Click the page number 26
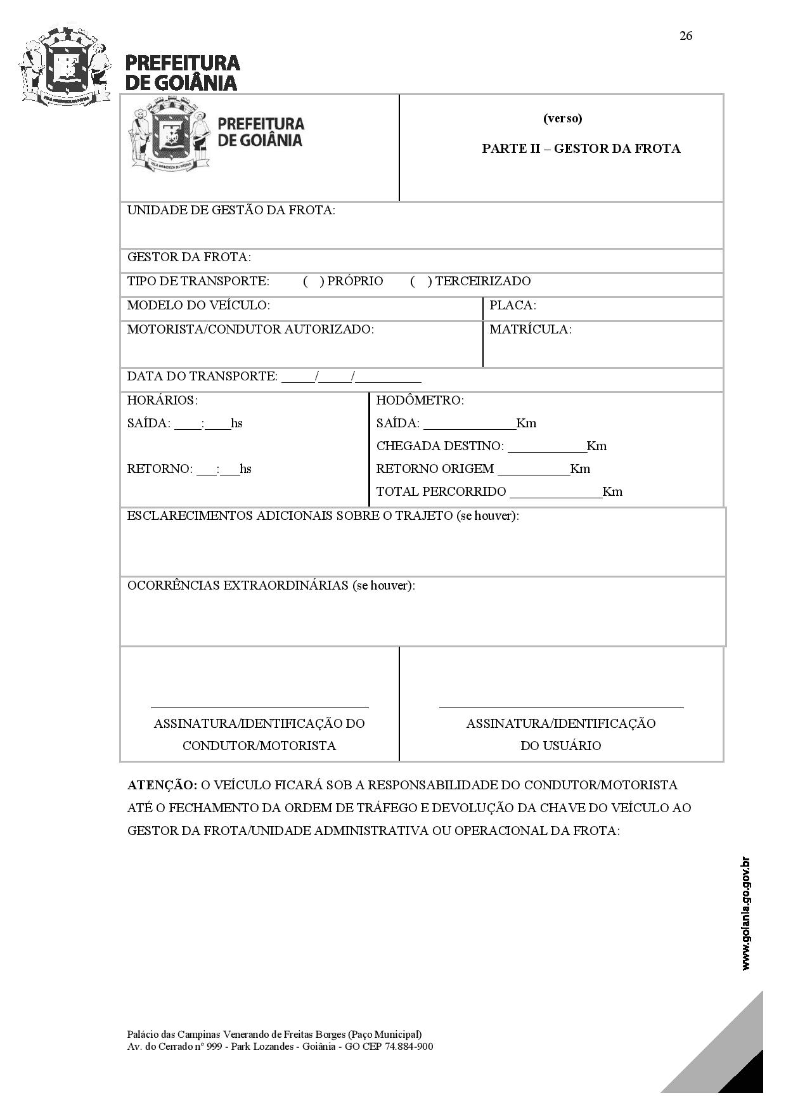(686, 36)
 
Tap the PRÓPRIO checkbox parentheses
(313, 281)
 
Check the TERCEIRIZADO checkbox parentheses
(421, 281)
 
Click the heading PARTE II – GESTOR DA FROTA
(581, 148)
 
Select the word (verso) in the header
(562, 119)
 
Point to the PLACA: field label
(512, 306)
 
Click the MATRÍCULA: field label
(530, 330)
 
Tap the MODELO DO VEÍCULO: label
(198, 306)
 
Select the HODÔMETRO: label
(420, 401)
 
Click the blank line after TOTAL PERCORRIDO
(555, 493)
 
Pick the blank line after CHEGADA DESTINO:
(546, 447)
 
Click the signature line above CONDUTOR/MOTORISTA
(259, 706)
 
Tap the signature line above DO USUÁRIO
(561, 706)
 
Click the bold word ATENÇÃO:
(162, 785)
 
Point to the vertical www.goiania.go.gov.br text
(746, 913)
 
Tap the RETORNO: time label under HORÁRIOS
(160, 469)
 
